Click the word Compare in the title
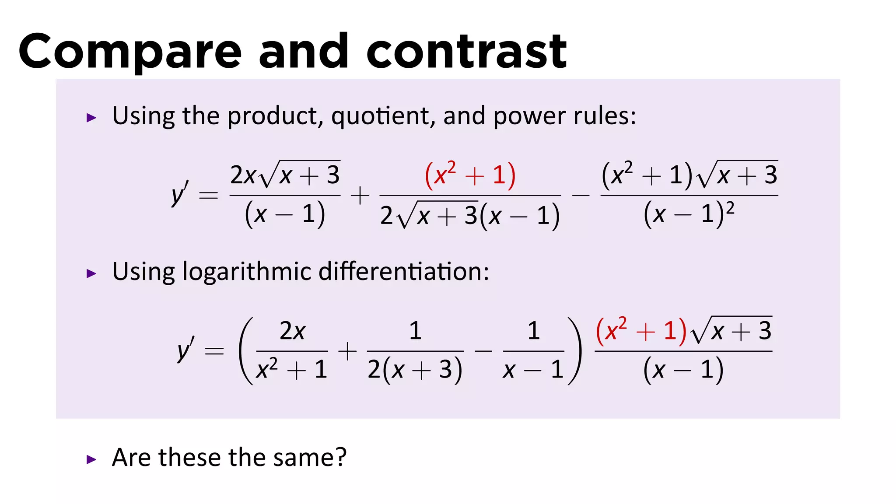click(130, 52)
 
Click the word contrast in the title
click(466, 52)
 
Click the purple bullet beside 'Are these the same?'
click(91, 459)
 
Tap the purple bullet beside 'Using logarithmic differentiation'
click(91, 274)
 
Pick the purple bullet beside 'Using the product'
click(91, 118)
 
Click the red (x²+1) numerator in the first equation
click(470, 175)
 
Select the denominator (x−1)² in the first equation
click(689, 214)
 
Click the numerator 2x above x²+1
click(292, 331)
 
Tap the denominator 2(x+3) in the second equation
click(415, 370)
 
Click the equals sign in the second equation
click(214, 351)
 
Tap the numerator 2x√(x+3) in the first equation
click(285, 175)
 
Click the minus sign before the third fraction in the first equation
click(581, 195)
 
